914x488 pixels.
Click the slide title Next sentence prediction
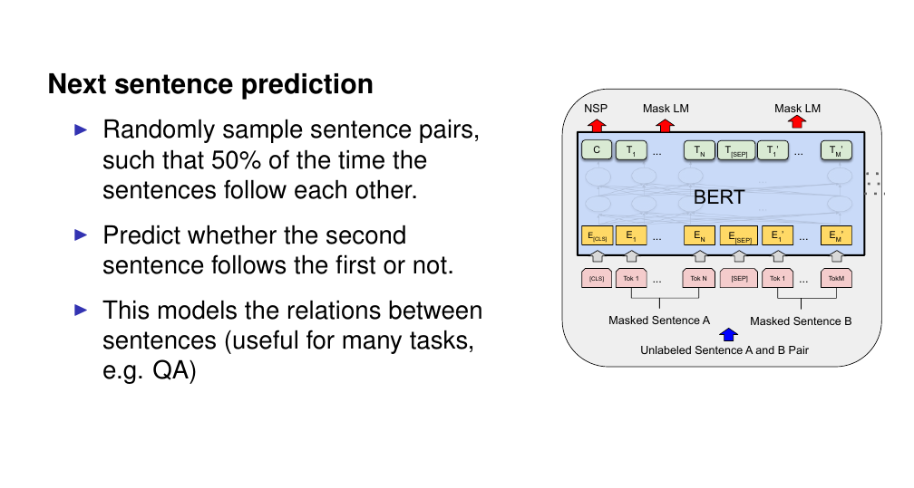click(210, 84)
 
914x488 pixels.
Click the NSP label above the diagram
click(596, 109)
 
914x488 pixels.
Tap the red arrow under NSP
click(597, 125)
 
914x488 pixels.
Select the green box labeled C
click(597, 150)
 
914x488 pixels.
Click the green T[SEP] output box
click(736, 151)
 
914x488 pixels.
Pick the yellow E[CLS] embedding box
click(597, 235)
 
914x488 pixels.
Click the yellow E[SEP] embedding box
click(739, 235)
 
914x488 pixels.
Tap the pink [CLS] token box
click(597, 278)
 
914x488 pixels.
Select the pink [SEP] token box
click(739, 278)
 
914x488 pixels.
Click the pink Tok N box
click(698, 278)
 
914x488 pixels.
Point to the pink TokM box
click(836, 278)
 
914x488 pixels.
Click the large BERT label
click(719, 197)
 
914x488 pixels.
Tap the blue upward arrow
click(729, 334)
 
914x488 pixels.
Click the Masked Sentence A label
click(659, 321)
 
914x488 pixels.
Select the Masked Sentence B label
click(801, 321)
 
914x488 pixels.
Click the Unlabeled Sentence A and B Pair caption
click(724, 350)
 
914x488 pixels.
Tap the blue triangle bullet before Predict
click(81, 234)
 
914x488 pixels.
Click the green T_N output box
click(699, 151)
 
